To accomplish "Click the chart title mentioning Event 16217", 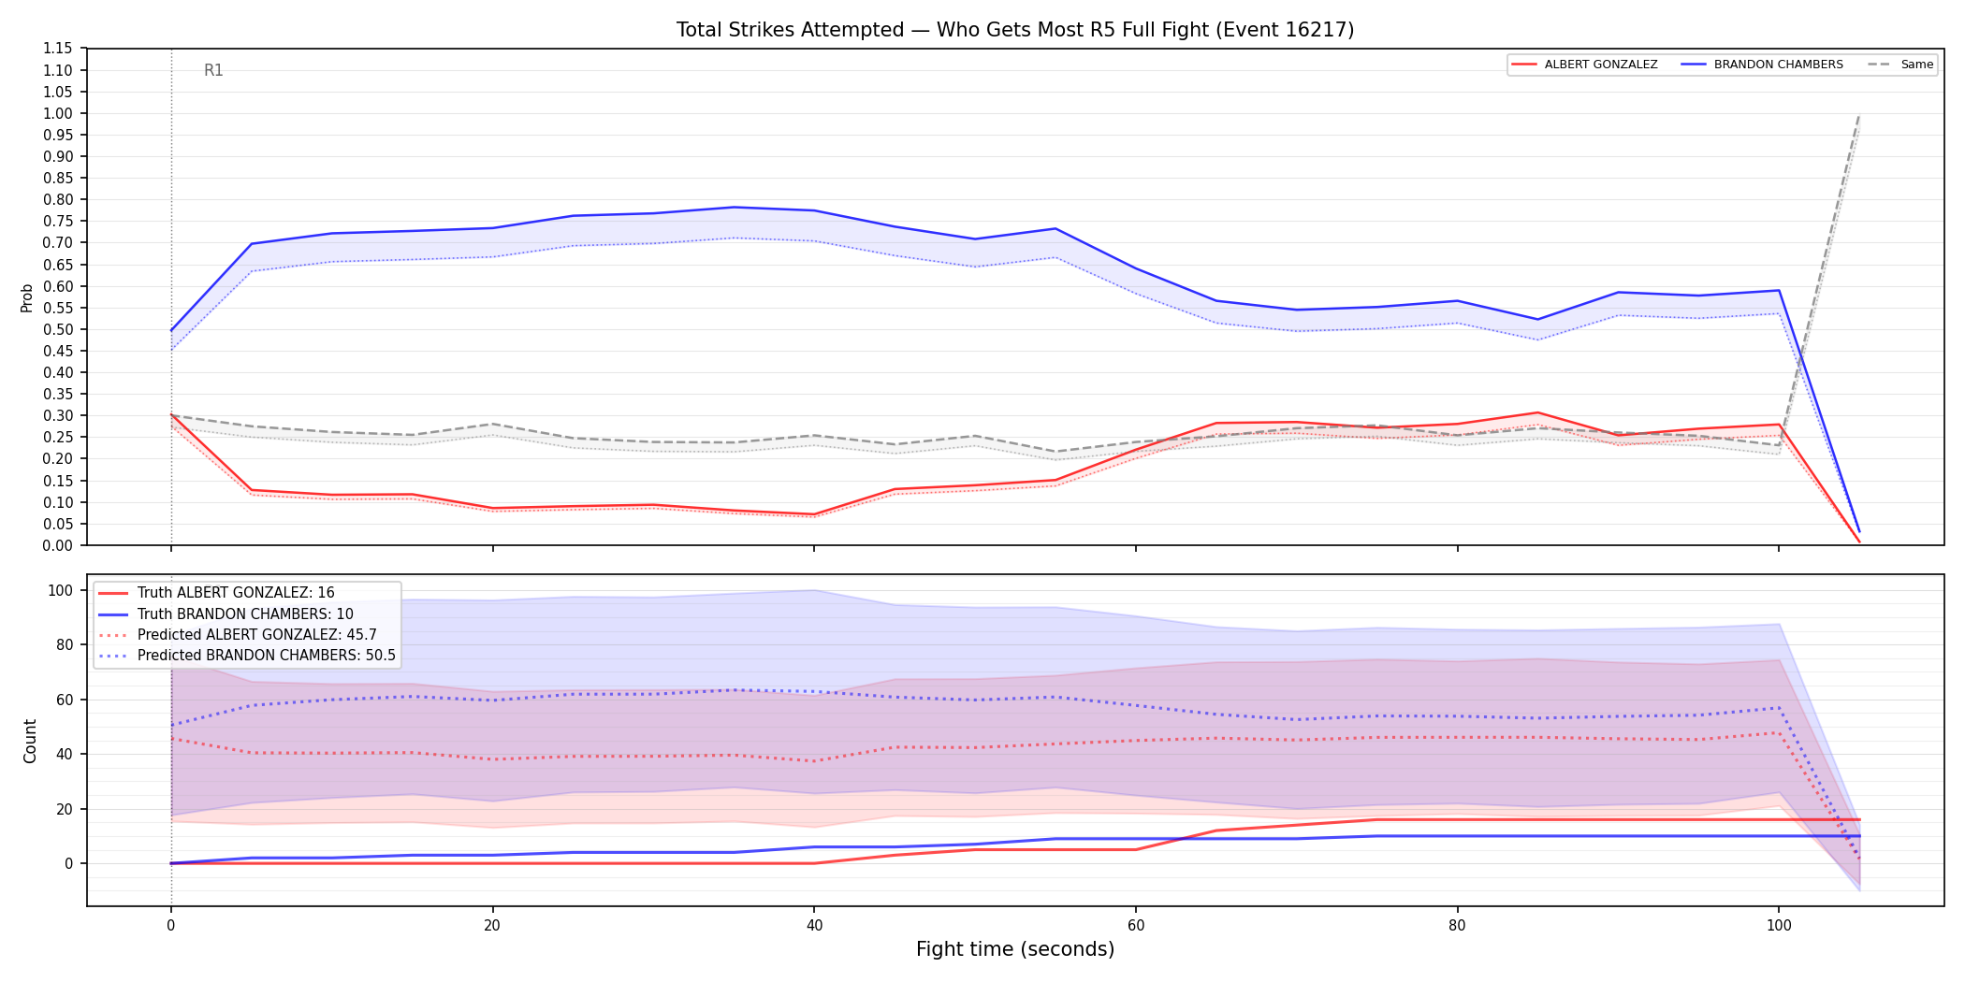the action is point(1015,30).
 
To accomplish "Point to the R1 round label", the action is point(213,70).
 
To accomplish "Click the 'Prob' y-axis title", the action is point(27,297).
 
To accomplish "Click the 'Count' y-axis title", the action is point(30,741).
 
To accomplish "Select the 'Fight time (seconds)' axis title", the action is point(1015,949).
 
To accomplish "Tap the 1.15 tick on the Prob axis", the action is point(58,49).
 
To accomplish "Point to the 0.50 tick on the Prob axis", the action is point(58,329).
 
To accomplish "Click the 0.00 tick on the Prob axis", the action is point(58,545).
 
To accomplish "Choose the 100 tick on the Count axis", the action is point(61,590).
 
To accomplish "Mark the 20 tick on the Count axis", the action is point(65,809).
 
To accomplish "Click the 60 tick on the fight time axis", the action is point(1136,926).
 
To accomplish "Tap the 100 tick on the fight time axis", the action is point(1779,926).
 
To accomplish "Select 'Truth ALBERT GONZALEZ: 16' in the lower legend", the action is point(236,593).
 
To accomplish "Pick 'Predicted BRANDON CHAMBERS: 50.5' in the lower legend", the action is point(267,656).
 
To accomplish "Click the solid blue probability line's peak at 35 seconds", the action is point(734,207).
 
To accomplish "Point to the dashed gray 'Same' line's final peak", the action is point(1858,116).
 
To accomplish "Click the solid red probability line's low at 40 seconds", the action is point(814,514).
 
